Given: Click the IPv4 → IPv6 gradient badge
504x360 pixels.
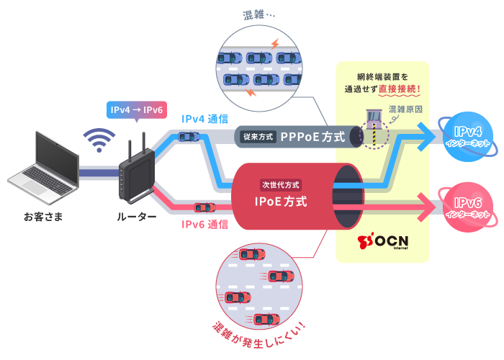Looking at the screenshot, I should (136, 110).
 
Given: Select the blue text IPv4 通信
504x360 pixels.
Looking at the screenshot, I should (205, 119).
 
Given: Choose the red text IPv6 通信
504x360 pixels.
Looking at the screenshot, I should (204, 224).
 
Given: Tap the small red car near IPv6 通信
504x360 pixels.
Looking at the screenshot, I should (204, 207).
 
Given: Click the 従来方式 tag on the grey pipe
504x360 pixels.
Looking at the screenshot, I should (257, 136).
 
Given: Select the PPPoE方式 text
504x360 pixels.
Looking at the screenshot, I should (312, 136).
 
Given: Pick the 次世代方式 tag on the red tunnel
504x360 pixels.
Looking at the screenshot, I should (280, 184).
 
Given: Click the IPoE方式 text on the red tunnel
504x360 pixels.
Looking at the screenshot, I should (280, 202).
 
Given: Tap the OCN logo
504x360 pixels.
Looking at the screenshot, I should (382, 240).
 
